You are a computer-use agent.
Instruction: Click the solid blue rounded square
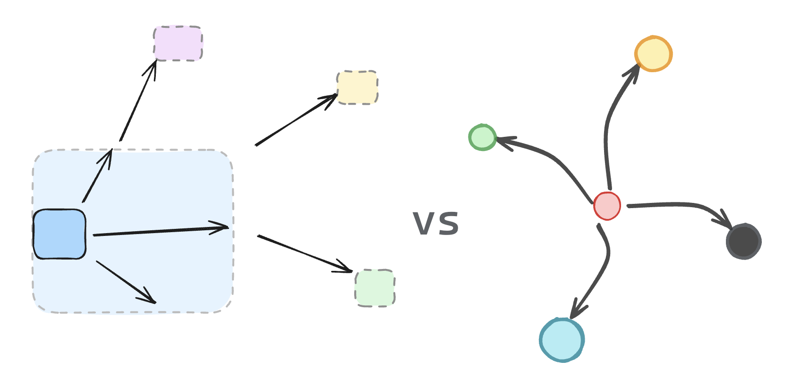pos(60,234)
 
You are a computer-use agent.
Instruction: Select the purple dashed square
pos(178,43)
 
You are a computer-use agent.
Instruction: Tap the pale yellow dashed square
pos(358,87)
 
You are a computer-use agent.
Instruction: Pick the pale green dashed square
pos(375,288)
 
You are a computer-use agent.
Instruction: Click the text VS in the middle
pos(435,224)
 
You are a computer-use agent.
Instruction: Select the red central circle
pos(607,206)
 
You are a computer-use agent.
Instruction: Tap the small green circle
pos(482,137)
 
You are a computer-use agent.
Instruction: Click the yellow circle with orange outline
pos(654,54)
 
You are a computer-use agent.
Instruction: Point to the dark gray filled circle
pos(744,241)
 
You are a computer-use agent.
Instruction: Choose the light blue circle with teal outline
pos(562,340)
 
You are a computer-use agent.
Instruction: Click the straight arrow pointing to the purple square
pos(138,101)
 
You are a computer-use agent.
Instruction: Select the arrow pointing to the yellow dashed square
pos(295,120)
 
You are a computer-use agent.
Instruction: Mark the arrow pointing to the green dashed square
pos(305,253)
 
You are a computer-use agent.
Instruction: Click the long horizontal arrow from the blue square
pos(161,231)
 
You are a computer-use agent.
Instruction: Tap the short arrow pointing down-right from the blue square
pos(126,282)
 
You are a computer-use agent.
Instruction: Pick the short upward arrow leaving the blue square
pos(97,176)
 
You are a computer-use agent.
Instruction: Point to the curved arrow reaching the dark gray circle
pos(680,205)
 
